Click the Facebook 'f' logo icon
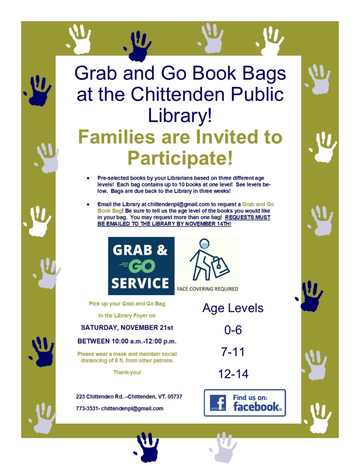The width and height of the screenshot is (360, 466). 218,403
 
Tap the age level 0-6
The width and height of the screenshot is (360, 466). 233,330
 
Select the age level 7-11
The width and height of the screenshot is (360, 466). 233,352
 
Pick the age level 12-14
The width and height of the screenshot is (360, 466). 233,374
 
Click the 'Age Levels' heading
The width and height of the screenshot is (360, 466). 233,308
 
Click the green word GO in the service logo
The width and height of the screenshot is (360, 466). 141,266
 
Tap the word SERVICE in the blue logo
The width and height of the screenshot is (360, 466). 140,283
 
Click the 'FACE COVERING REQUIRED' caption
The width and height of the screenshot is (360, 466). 208,289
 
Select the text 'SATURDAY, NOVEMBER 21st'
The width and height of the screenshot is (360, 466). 127,328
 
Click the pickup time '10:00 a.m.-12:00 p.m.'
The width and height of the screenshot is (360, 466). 144,341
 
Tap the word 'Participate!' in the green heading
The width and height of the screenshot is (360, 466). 180,158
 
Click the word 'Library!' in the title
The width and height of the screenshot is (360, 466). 180,116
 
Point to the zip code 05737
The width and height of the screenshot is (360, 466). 175,396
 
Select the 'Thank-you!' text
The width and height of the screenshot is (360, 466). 127,372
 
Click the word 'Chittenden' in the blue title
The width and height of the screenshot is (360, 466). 177,94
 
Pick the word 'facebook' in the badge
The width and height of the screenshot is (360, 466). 257,407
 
